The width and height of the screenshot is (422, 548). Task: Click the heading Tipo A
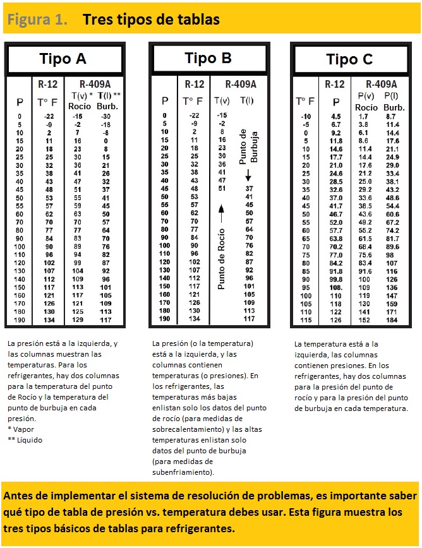(63, 59)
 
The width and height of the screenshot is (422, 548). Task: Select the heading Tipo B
(208, 59)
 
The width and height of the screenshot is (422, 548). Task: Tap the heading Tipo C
(349, 60)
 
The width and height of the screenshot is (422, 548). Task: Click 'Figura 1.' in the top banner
(37, 20)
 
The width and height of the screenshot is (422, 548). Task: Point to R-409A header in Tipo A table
(95, 84)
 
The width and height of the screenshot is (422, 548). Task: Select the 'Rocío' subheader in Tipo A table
(80, 106)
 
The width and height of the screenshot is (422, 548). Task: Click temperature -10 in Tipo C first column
(305, 117)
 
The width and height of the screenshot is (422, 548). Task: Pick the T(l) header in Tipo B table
(247, 100)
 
